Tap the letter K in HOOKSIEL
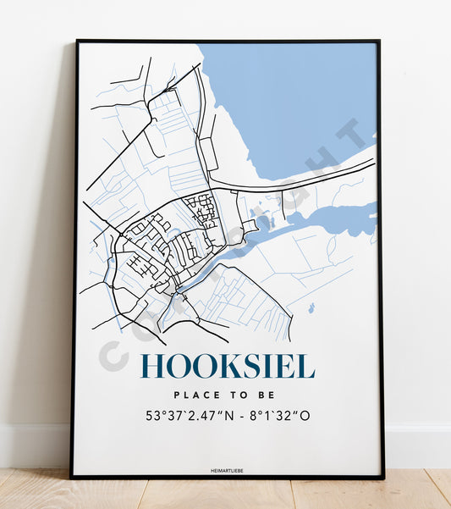219,365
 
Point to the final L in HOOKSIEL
306,365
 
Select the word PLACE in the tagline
194,396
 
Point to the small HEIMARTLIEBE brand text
227,467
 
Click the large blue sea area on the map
288,93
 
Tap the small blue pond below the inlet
311,308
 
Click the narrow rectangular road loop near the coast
207,152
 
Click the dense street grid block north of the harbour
201,208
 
